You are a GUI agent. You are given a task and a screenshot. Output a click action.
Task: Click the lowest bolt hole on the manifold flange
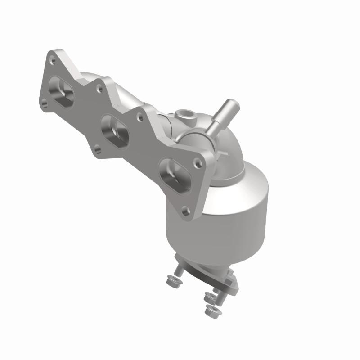point(184,209)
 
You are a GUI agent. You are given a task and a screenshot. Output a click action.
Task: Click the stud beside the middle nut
point(217,290)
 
